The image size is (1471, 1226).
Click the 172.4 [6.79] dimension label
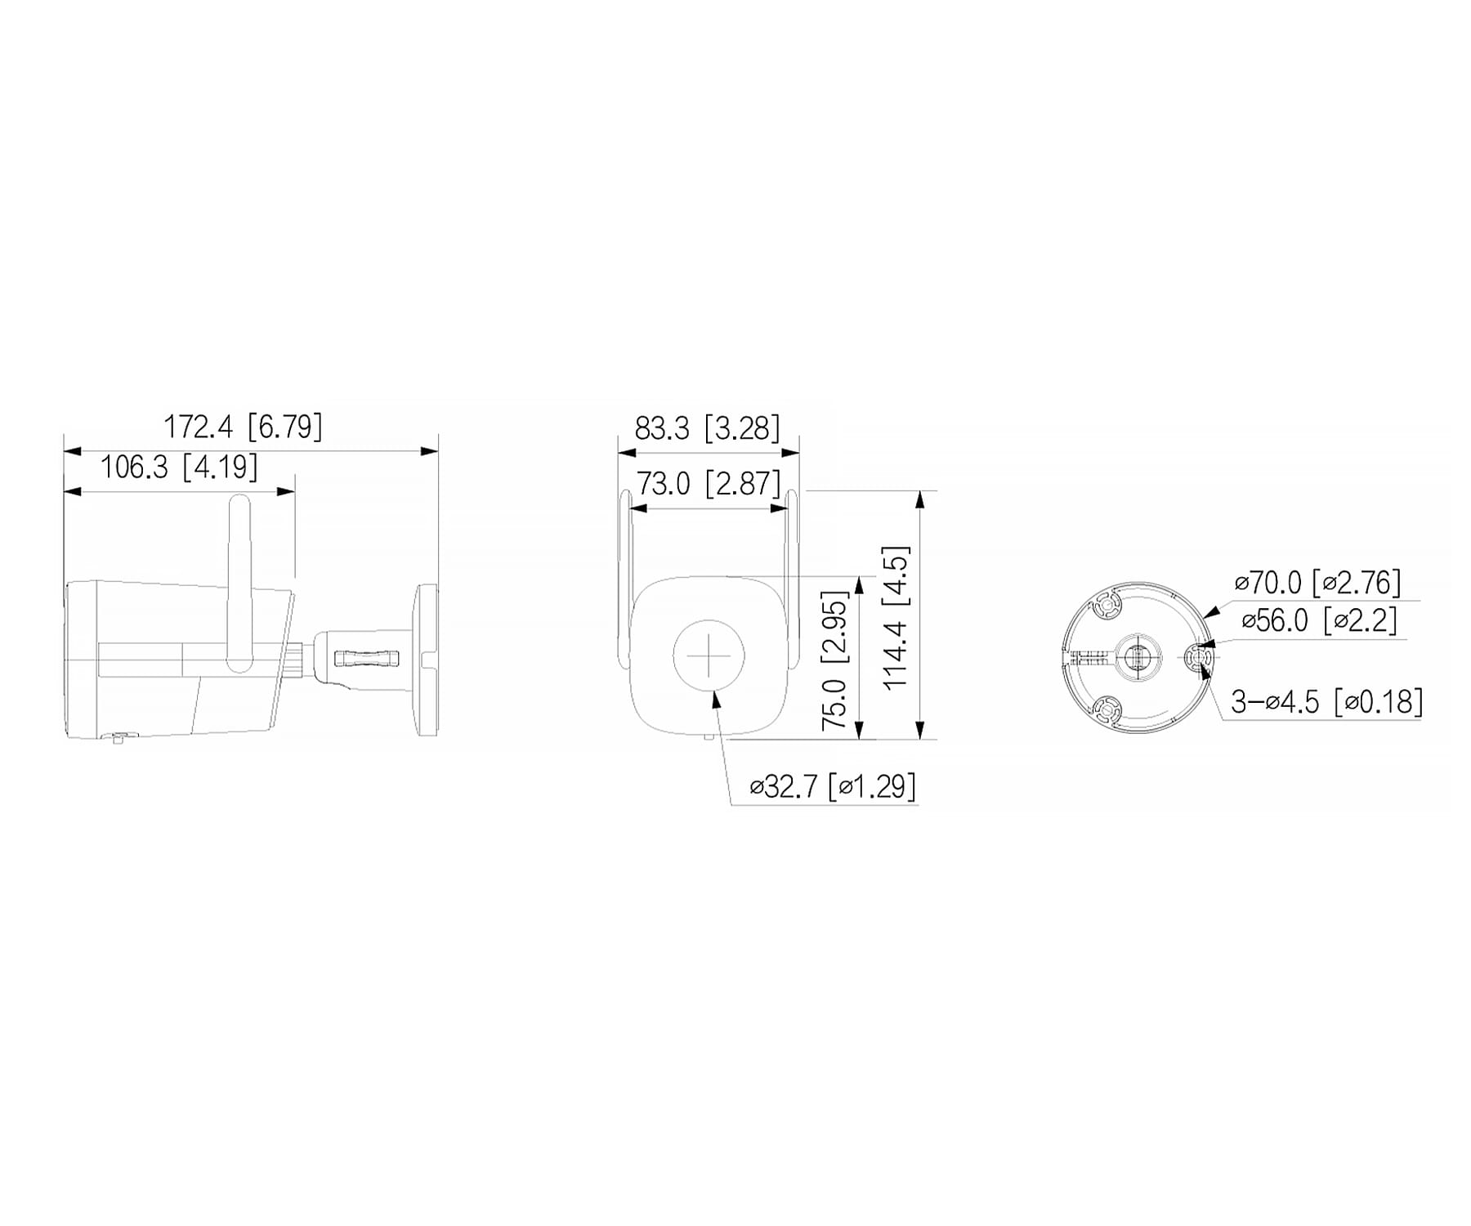243,427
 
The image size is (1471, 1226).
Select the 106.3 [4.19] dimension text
178,468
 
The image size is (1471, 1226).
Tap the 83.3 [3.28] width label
707,427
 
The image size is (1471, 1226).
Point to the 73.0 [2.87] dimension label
709,484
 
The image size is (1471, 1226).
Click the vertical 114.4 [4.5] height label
896,618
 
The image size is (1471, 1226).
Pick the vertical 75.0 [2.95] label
834,660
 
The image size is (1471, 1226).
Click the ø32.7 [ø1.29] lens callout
833,786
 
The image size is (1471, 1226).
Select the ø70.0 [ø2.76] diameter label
1317,583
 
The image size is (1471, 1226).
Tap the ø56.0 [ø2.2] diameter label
1319,620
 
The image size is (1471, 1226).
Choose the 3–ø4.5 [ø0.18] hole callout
1326,701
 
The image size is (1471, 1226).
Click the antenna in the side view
239,580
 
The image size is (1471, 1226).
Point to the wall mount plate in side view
427,659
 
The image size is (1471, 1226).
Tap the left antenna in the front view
625,572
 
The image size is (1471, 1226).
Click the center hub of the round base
1138,656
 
